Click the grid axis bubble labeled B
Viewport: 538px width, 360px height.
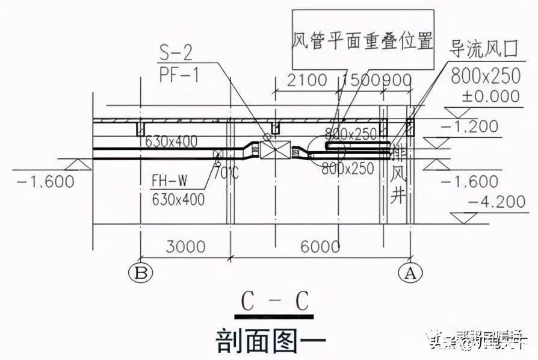[x=141, y=273]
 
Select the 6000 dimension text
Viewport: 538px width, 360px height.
[x=319, y=247]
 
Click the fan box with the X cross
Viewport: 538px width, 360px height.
[x=276, y=151]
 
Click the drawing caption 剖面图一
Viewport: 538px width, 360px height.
[x=270, y=340]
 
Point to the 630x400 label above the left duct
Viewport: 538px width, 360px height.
[x=172, y=142]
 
